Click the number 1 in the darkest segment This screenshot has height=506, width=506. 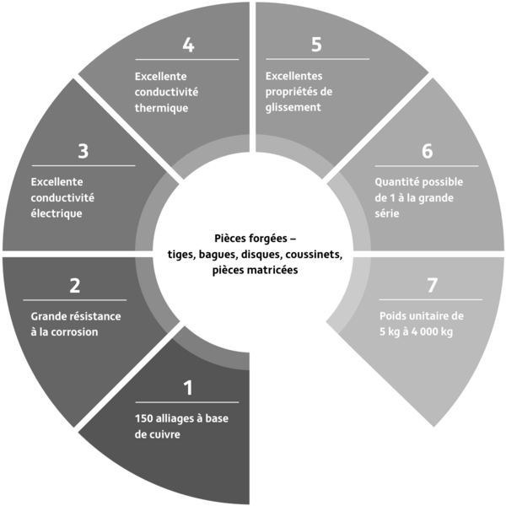(x=188, y=388)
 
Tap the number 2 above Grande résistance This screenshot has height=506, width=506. (x=75, y=286)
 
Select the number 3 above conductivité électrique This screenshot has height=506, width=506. (x=83, y=151)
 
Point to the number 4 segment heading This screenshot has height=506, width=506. (x=188, y=45)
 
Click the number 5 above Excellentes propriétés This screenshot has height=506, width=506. (x=316, y=45)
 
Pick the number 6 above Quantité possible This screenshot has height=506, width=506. (x=428, y=151)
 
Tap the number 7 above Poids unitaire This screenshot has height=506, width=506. (x=432, y=286)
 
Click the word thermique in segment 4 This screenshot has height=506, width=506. (x=161, y=108)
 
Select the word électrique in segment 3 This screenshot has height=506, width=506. (x=57, y=213)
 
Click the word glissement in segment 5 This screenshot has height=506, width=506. (x=293, y=107)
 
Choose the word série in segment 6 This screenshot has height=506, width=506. (x=387, y=213)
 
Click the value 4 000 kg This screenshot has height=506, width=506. (x=432, y=331)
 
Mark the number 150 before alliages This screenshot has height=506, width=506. (x=143, y=418)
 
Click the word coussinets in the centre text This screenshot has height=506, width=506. (x=314, y=255)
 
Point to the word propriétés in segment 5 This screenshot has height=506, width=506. (x=288, y=92)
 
